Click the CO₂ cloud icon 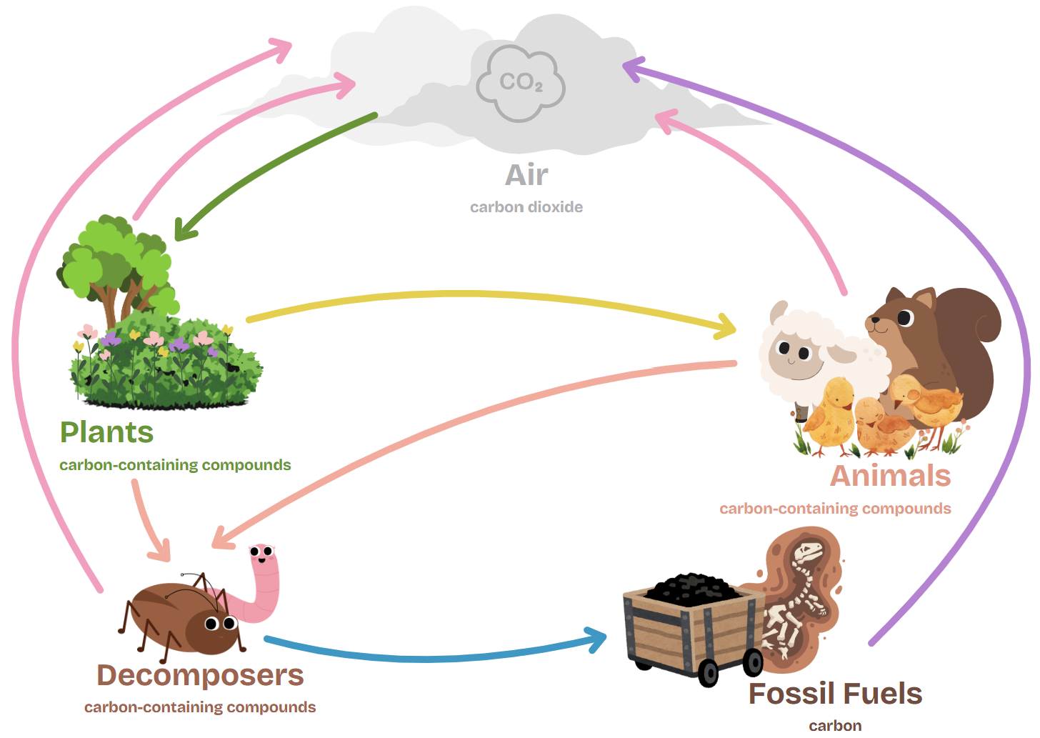click(521, 83)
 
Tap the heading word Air click(526, 175)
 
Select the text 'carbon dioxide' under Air click(526, 207)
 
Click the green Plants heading click(106, 432)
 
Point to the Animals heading click(890, 476)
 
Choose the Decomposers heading click(200, 675)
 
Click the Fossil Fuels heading click(835, 694)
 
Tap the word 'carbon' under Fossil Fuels click(835, 726)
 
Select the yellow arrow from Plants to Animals click(486, 294)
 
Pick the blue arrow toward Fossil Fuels click(429, 658)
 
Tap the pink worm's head click(262, 554)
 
